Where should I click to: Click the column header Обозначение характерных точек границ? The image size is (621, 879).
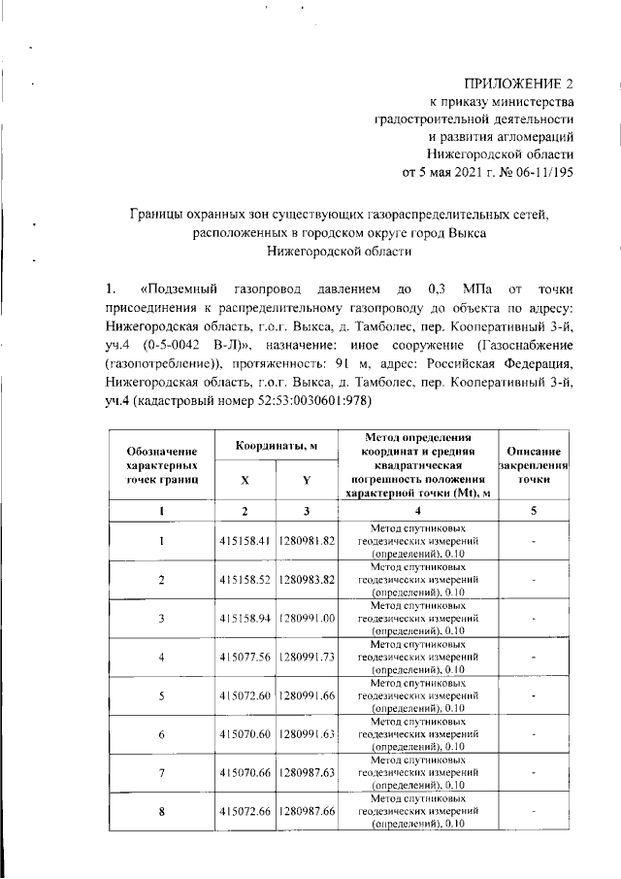(x=162, y=465)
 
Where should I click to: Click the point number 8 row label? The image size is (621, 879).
(x=162, y=812)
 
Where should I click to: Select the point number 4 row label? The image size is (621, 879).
(x=162, y=657)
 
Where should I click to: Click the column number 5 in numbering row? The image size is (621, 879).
(x=533, y=511)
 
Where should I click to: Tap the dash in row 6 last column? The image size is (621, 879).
(x=533, y=734)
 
